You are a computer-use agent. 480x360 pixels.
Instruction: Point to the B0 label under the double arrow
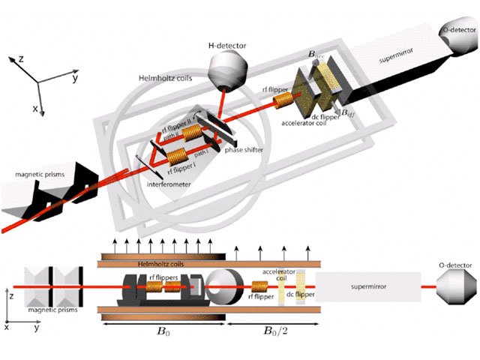(x=162, y=330)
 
